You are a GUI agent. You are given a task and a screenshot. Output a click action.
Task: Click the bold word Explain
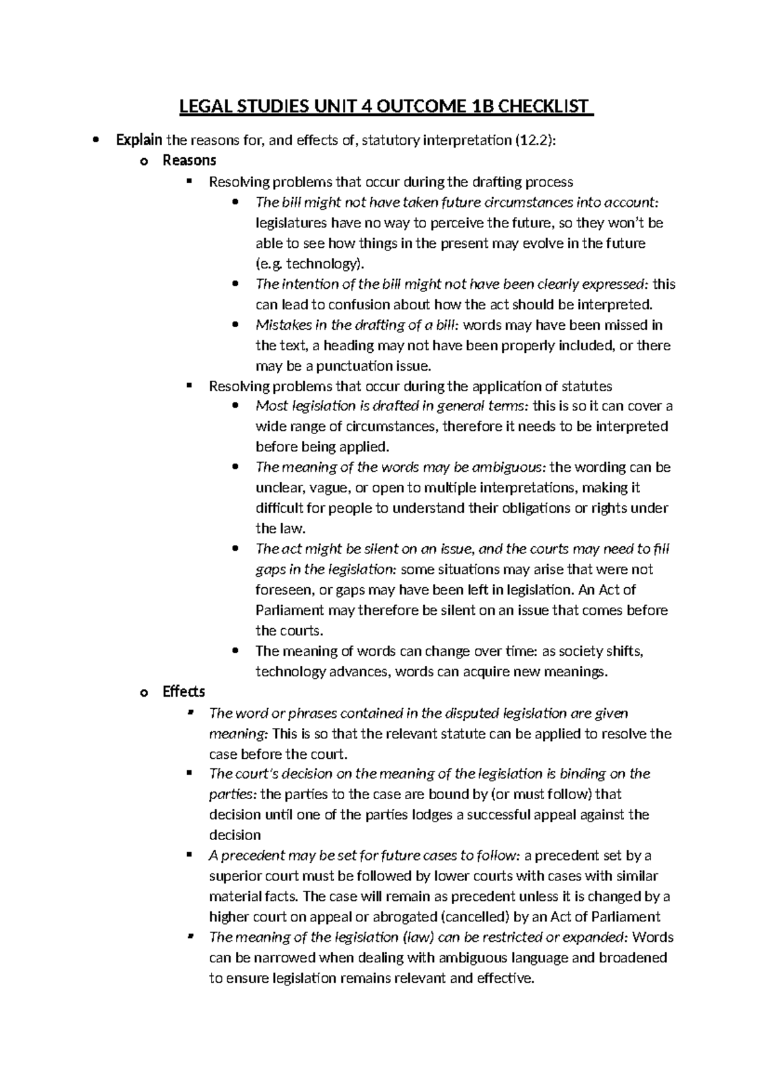(139, 140)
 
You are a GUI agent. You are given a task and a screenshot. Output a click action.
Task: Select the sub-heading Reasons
(189, 161)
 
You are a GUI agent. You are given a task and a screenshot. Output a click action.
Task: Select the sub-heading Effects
(183, 692)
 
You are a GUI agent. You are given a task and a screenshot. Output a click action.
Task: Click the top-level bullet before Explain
(96, 141)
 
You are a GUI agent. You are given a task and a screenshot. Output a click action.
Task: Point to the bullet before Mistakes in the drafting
(236, 325)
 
